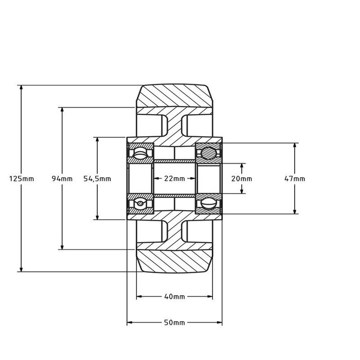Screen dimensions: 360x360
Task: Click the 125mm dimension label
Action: [x=21, y=179]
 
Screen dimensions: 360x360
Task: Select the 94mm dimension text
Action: [x=62, y=179]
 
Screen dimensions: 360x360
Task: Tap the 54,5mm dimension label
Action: [x=97, y=179]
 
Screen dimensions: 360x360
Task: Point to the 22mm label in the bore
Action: [x=174, y=179]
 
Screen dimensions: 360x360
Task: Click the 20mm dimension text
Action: [x=242, y=179]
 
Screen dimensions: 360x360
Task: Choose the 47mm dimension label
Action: [x=295, y=179]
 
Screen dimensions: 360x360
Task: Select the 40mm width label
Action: [x=174, y=297]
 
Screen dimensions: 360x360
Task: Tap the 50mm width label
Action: [x=174, y=323]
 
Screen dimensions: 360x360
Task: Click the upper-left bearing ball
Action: [x=140, y=154]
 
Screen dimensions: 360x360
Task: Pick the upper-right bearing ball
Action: [x=209, y=153]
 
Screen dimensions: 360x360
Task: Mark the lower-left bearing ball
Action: [x=140, y=204]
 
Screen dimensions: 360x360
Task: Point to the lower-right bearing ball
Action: [x=209, y=204]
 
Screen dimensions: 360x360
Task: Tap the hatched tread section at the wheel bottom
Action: [x=174, y=261]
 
